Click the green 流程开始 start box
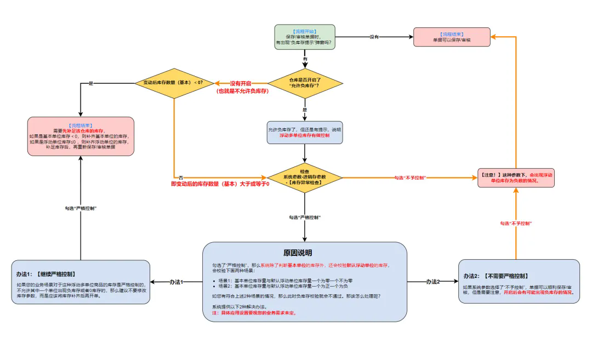coord(305,37)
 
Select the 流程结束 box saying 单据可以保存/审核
coord(451,37)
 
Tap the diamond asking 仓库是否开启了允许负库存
coord(305,83)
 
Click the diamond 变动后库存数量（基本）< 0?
coord(174,83)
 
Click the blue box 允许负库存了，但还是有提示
coord(305,133)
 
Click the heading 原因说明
coord(298,253)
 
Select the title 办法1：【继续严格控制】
coord(45,273)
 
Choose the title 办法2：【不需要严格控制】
coord(496,276)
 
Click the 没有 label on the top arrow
coord(374,37)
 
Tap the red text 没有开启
coord(241,83)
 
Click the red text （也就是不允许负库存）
coord(242,91)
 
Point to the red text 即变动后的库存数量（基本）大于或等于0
coord(220,184)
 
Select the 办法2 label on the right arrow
coord(433,282)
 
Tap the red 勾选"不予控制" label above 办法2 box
coord(516,224)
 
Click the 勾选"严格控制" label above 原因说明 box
coord(305,218)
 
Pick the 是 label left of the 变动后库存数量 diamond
coord(91,83)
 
